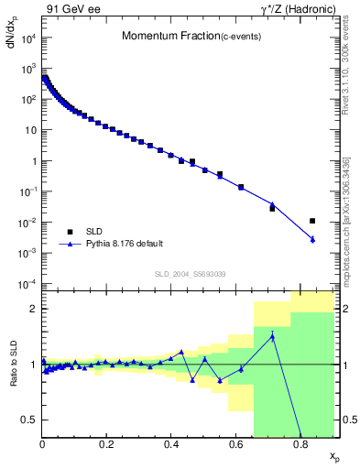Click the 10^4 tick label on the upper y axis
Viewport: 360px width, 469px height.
pos(28,38)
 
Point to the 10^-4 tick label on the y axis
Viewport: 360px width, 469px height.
pos(28,284)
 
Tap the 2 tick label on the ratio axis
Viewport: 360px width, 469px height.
pos(34,309)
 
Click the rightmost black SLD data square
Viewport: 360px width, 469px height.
pos(312,221)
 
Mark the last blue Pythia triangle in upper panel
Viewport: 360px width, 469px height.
pos(312,239)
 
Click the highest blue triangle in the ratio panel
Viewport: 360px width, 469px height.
pos(272,336)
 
